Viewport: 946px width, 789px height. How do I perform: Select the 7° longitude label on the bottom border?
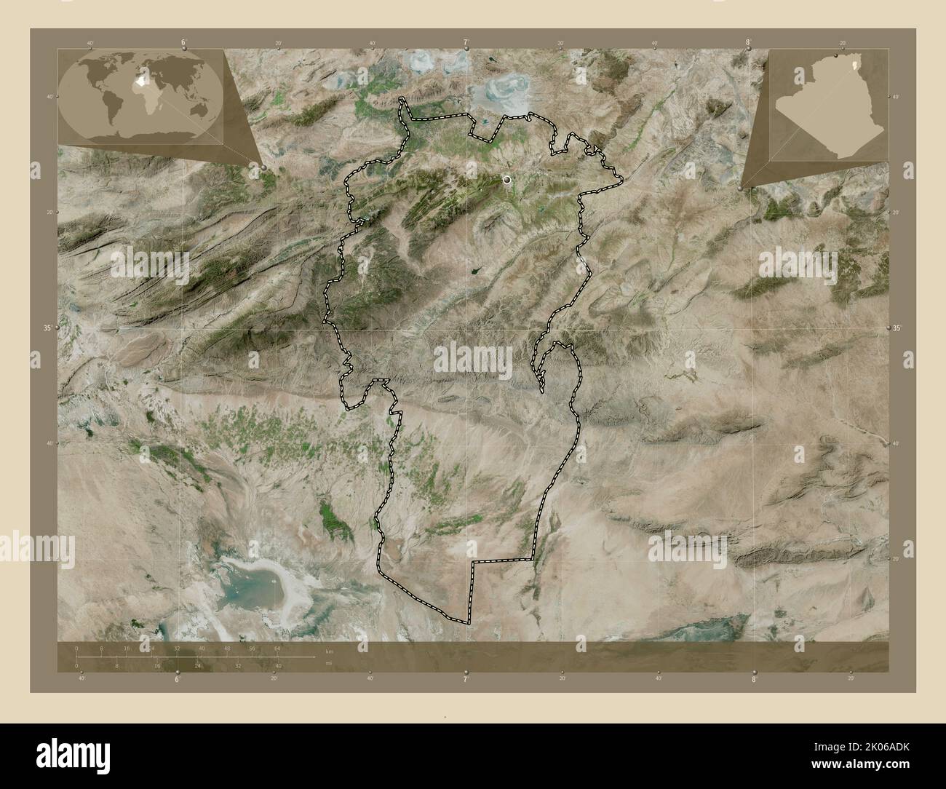pyautogui.click(x=465, y=679)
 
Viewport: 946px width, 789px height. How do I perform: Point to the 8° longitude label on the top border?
pyautogui.click(x=748, y=41)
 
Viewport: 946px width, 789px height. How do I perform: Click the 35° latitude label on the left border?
pyautogui.click(x=47, y=328)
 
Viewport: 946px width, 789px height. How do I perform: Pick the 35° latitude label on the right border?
pyautogui.click(x=899, y=328)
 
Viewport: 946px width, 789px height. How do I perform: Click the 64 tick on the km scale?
pyautogui.click(x=277, y=648)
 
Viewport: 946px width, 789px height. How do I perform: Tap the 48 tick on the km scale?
pyautogui.click(x=227, y=648)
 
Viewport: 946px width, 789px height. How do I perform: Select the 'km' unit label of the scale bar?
pyautogui.click(x=330, y=651)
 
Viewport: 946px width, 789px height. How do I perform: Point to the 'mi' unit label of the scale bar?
pyautogui.click(x=330, y=662)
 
